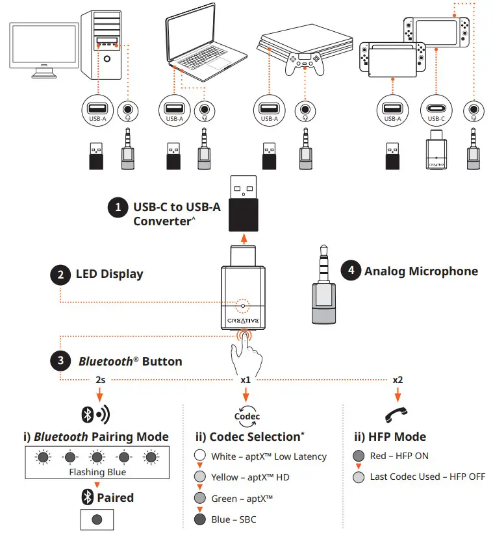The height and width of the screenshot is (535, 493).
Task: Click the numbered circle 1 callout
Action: [118, 207]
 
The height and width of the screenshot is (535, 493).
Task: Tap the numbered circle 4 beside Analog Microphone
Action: [351, 271]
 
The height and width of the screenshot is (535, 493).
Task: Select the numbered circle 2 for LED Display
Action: [60, 274]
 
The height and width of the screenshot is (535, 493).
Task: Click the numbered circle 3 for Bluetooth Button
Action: [60, 361]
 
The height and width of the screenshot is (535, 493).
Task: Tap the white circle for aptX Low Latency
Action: [200, 456]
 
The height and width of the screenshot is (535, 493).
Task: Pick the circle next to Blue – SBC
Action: [200, 519]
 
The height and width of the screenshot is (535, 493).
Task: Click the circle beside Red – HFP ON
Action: [358, 456]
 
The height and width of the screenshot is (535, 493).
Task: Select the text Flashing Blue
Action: [97, 472]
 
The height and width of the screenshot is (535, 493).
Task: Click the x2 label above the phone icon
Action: [398, 380]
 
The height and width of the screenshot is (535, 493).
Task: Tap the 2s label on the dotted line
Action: [100, 380]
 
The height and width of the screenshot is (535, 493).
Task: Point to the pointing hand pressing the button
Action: [249, 354]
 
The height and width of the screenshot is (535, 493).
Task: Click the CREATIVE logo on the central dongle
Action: [244, 320]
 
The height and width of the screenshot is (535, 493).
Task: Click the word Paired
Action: [114, 498]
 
